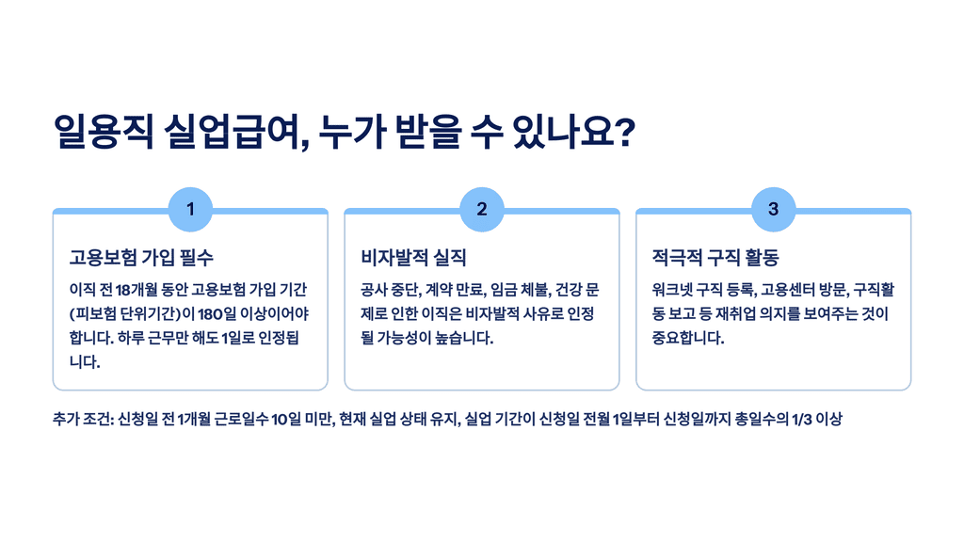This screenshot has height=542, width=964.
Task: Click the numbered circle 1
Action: click(190, 209)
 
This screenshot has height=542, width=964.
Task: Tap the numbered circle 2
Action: click(482, 209)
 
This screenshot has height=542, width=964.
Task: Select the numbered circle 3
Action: click(773, 209)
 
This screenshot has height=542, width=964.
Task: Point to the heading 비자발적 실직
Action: click(413, 257)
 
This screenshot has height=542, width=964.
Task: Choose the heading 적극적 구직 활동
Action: click(715, 257)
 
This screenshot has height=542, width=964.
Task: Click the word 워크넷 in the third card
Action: click(673, 289)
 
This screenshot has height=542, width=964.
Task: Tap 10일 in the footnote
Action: click(287, 419)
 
